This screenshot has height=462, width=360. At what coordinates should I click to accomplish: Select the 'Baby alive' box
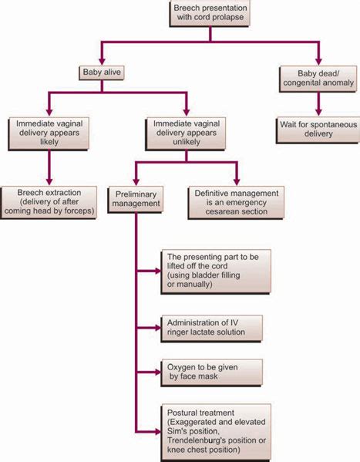(102, 74)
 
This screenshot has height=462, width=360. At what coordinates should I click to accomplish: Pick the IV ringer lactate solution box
(213, 327)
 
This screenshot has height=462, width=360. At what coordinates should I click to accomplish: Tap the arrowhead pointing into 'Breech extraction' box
(51, 181)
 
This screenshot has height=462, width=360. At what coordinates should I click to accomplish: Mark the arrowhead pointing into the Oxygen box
(157, 372)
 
